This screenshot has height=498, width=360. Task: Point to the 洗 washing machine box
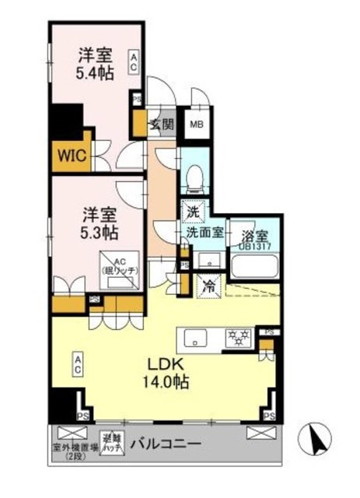(191, 209)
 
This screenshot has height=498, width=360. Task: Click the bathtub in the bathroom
(254, 267)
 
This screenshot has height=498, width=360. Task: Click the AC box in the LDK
(79, 363)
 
